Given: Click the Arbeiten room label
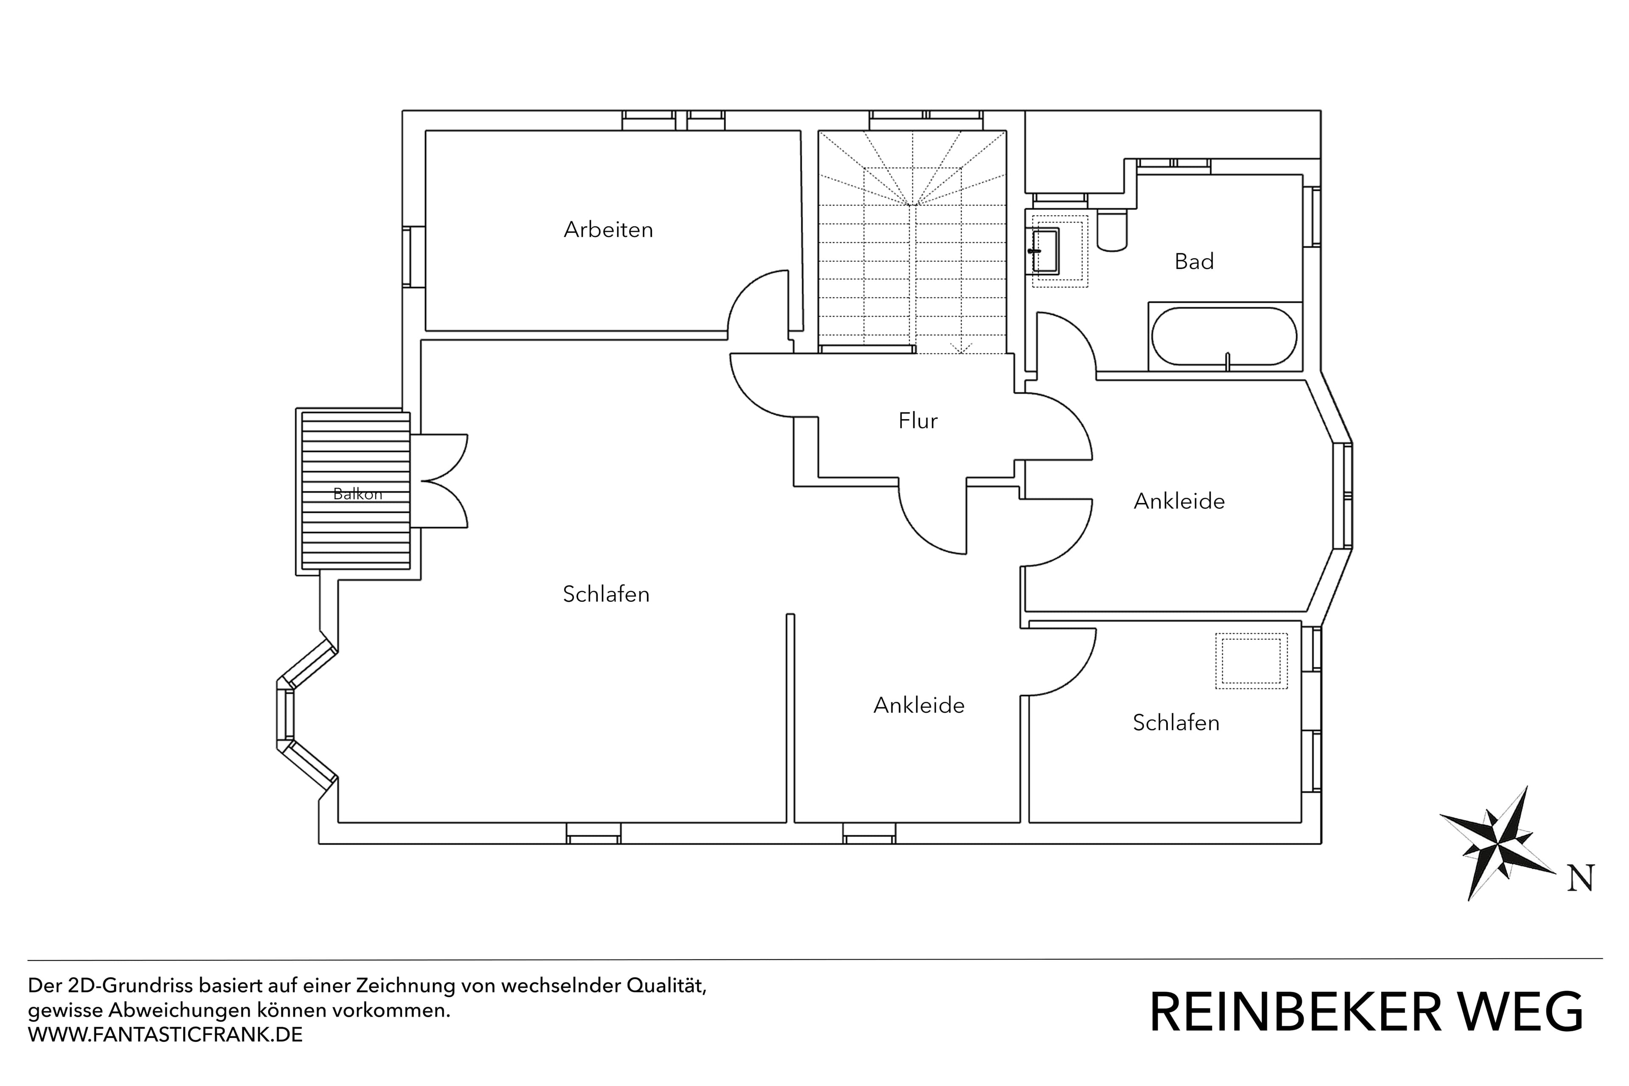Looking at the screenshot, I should [x=608, y=229].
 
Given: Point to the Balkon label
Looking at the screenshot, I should [x=357, y=494].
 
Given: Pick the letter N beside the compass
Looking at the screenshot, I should [x=1581, y=878].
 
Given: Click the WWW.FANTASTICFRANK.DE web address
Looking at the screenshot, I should [x=165, y=1035].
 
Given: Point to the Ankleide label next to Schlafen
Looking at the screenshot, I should [x=918, y=705].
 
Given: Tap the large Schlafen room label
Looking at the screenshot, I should [x=606, y=594].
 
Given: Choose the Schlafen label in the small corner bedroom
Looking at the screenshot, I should [x=1176, y=723].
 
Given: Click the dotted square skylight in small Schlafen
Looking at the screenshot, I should [x=1251, y=661].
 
